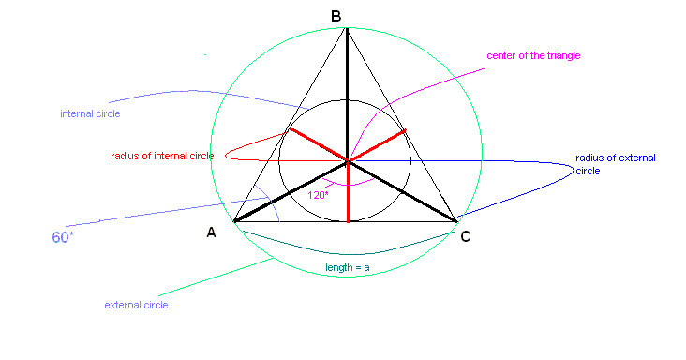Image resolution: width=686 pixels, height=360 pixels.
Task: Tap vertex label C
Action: (x=465, y=237)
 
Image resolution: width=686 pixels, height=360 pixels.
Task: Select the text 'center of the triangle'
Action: (x=533, y=55)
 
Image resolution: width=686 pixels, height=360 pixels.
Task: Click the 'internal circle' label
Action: (x=90, y=113)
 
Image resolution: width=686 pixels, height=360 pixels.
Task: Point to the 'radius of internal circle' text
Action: (x=162, y=156)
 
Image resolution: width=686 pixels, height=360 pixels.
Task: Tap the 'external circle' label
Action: (x=136, y=305)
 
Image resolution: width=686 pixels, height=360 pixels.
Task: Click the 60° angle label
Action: (x=62, y=238)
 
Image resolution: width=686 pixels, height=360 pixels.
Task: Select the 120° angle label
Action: (x=319, y=196)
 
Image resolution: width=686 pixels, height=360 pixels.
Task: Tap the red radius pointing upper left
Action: (x=317, y=144)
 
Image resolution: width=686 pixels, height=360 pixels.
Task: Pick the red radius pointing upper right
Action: (x=378, y=145)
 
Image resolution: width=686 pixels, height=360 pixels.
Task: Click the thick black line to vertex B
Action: (x=348, y=94)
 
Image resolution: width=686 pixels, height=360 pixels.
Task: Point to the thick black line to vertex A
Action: (x=291, y=192)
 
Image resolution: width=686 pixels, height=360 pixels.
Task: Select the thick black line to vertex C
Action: (x=403, y=192)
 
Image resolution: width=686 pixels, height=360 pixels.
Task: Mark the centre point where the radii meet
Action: (x=348, y=162)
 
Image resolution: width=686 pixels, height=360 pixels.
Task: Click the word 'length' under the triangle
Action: (x=338, y=267)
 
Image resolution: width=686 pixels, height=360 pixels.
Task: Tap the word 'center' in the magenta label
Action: (x=502, y=55)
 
